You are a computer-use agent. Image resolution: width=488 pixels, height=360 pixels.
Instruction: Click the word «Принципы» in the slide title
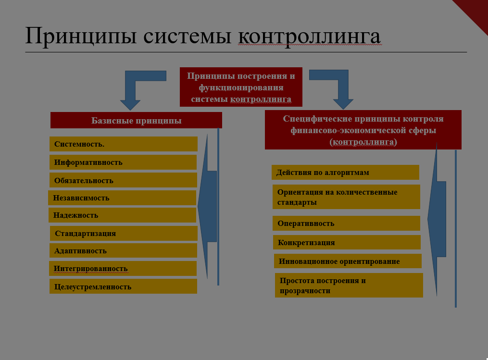click(x=81, y=36)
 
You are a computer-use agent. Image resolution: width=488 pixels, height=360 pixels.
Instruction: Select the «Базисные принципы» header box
click(x=137, y=121)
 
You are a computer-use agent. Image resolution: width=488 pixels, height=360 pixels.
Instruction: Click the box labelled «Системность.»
click(x=124, y=144)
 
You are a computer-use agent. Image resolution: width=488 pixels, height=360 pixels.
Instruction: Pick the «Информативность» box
click(x=123, y=162)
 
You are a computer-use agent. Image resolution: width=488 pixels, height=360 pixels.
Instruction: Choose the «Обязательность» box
click(x=123, y=180)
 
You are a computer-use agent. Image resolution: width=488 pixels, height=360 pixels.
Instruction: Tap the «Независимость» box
click(x=122, y=198)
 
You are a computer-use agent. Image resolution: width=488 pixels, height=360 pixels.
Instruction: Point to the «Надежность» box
click(x=122, y=215)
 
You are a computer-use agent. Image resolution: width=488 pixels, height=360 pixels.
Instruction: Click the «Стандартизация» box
click(x=124, y=234)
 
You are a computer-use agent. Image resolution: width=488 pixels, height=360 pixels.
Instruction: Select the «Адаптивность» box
click(x=123, y=250)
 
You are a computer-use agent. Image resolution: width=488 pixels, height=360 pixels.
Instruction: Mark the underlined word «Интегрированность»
click(x=90, y=269)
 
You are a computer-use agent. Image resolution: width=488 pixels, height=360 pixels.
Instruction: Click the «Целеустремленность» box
click(x=123, y=286)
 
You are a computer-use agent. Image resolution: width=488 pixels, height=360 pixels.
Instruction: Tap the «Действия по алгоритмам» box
click(x=346, y=173)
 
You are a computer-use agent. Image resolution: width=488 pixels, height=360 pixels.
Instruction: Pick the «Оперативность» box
click(x=346, y=223)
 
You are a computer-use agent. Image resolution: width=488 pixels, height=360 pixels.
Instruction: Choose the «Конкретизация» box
click(x=347, y=242)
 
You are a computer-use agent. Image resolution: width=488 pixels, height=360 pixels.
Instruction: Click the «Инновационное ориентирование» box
click(x=348, y=261)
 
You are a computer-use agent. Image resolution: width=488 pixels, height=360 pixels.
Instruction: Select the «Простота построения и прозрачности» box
click(x=349, y=286)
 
